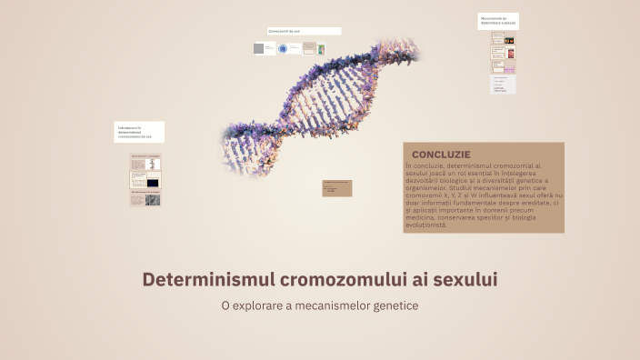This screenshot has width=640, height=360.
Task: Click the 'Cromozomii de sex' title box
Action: click(304, 31)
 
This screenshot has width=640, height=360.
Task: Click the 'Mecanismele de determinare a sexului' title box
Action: click(498, 21)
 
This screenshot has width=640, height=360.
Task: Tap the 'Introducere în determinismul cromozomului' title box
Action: click(139, 132)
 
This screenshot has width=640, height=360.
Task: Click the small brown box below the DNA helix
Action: click(337, 188)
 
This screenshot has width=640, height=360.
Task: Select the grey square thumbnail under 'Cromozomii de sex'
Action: click(259, 48)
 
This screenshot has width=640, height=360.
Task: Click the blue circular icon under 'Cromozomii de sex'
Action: click(284, 48)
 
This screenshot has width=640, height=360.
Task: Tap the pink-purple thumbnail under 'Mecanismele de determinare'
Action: click(510, 67)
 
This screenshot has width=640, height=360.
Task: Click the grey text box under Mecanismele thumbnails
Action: click(503, 84)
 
